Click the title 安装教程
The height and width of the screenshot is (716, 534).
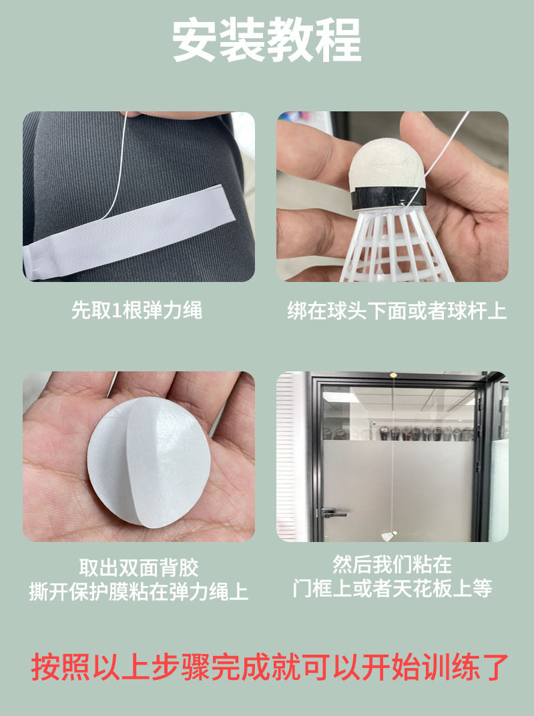pyautogui.click(x=267, y=41)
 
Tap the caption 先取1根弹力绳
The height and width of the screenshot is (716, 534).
pyautogui.click(x=137, y=310)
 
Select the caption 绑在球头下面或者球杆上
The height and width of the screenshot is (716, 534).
pyautogui.click(x=396, y=311)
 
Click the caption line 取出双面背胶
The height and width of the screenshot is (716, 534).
pyautogui.click(x=139, y=568)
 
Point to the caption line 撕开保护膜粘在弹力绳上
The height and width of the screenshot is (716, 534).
pyautogui.click(x=139, y=591)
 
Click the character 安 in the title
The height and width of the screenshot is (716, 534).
pyautogui.click(x=196, y=41)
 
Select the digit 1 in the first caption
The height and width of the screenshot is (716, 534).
pyautogui.click(x=116, y=311)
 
